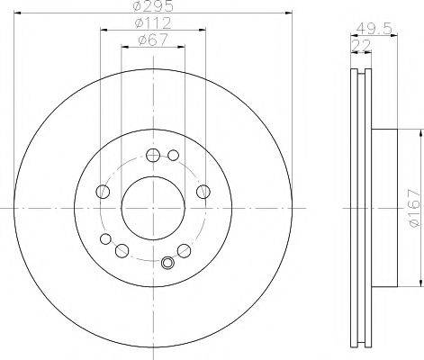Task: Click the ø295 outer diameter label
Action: tap(153, 6)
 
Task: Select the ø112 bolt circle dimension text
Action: tap(153, 23)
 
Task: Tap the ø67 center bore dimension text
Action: tap(153, 40)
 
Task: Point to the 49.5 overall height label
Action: tap(374, 29)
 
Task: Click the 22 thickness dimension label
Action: tap(361, 45)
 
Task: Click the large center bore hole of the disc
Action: tap(153, 208)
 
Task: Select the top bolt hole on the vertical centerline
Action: tap(153, 155)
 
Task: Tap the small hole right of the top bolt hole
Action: tap(173, 155)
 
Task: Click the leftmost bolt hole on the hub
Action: tap(103, 192)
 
